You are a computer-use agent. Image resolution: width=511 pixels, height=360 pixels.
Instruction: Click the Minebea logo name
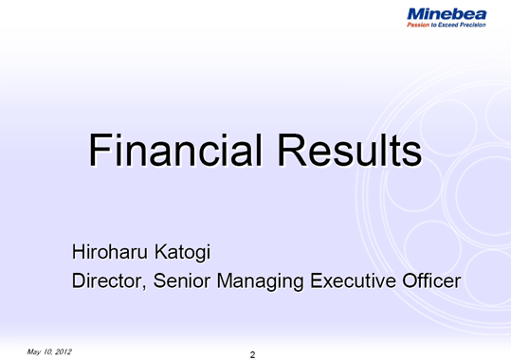coord(446,13)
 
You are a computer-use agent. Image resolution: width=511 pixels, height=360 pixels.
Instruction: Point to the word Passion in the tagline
coord(419,26)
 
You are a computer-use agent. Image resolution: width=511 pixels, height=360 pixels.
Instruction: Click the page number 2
coord(252,354)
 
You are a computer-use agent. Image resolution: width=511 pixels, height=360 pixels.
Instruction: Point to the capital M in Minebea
coord(415,13)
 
